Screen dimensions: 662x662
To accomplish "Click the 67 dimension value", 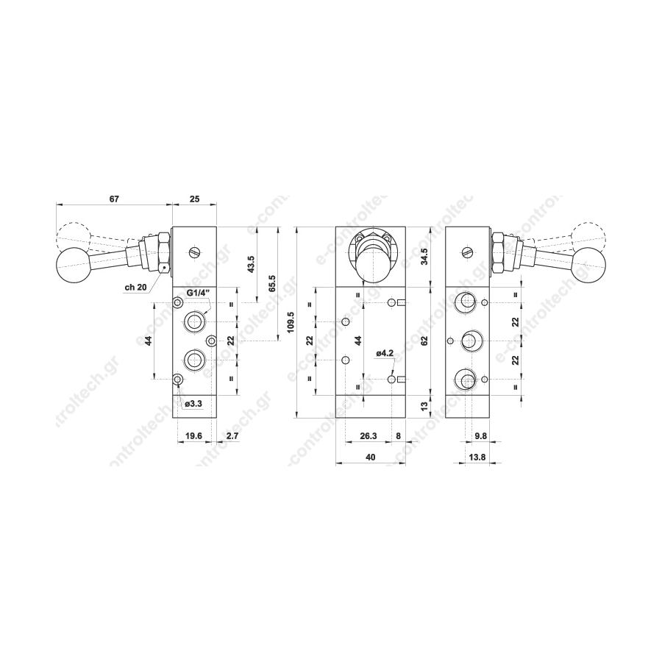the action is (x=115, y=199).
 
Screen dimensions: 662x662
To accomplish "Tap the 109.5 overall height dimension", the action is (x=290, y=323).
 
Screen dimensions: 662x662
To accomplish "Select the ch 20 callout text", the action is (x=135, y=288).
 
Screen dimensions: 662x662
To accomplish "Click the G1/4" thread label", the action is (x=198, y=293).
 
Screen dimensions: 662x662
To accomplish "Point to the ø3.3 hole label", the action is (x=194, y=404).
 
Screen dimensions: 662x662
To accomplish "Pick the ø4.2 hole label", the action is (x=385, y=353).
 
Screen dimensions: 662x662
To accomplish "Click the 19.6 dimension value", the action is (x=193, y=436).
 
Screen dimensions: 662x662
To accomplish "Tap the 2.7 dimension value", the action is (x=232, y=436).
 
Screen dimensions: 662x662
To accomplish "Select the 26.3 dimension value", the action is (x=369, y=436).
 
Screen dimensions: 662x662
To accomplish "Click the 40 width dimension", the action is (x=371, y=458).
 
